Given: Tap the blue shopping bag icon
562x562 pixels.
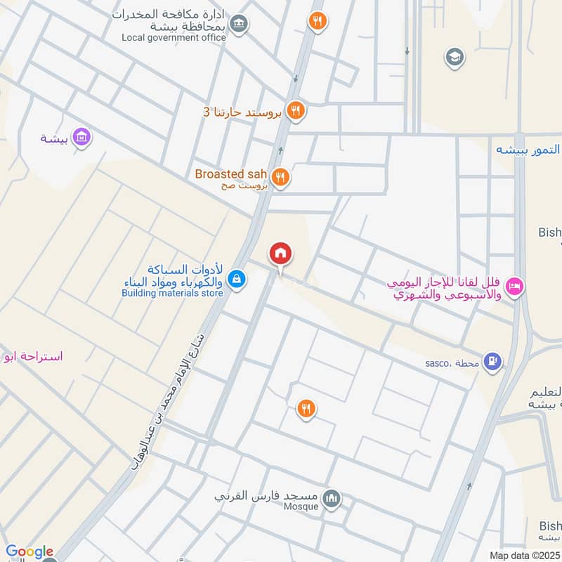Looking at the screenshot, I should coord(237,279).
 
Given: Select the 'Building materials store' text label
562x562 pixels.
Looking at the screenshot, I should coord(173,293).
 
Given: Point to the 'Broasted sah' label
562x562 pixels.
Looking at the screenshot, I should coord(231,174).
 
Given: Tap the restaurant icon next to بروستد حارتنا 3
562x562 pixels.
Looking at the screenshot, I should coord(295,110).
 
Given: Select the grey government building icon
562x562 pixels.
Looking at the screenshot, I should coord(240,25).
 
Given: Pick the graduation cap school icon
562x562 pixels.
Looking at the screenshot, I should coord(455,57).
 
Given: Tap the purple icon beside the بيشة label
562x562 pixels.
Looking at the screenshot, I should coord(82,137).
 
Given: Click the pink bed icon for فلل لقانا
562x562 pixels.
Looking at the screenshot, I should coord(516,285).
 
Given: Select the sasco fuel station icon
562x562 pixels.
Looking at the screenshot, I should coord(494,362).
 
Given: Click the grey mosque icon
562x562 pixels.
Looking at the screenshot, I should coord(332,499).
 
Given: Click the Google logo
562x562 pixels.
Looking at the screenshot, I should coord(30,551).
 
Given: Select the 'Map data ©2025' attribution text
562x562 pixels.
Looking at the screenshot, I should coord(523,555).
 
